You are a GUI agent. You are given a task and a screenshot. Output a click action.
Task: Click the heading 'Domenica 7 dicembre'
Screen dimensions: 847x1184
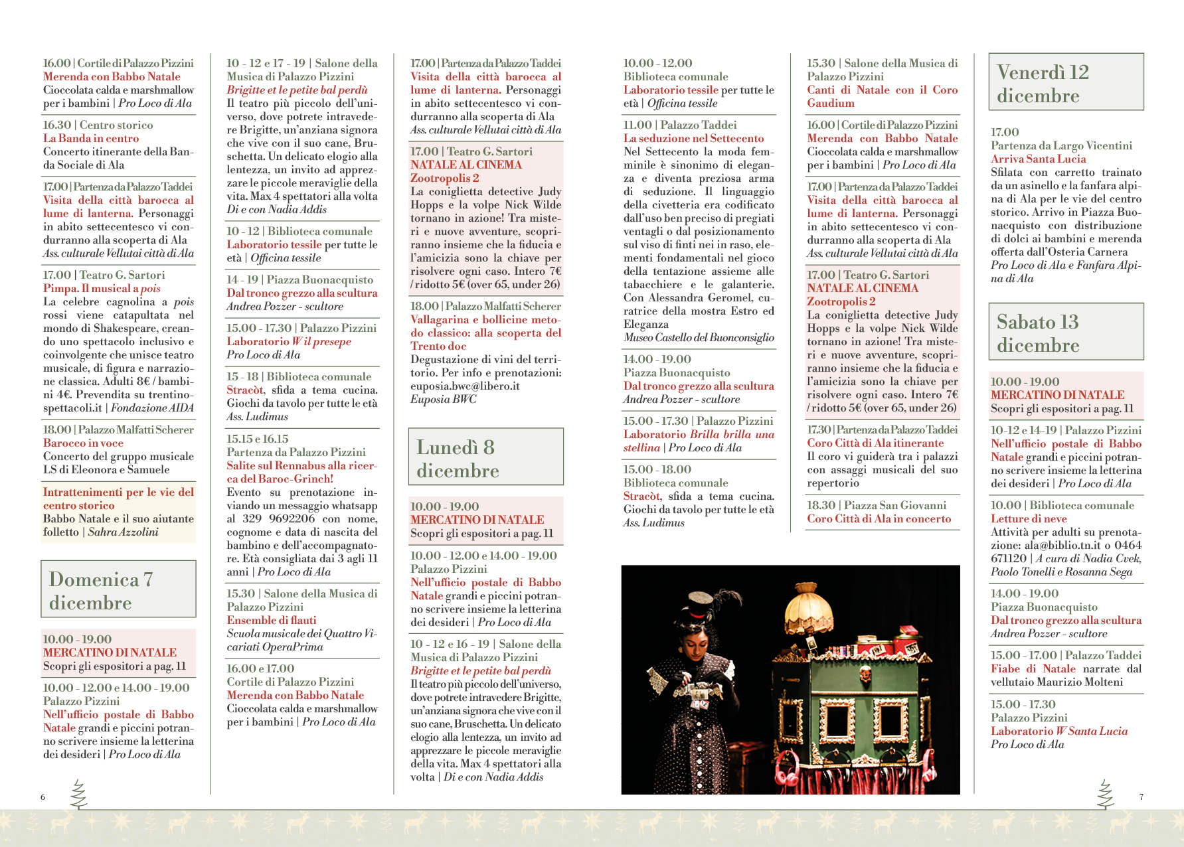coord(118,589)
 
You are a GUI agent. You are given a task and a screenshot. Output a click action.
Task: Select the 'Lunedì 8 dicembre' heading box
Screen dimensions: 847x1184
coord(485,457)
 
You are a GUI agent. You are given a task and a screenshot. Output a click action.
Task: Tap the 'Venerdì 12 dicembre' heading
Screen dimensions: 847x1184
coord(1065,82)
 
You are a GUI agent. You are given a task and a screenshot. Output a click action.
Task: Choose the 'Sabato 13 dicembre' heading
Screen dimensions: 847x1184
coord(1065,332)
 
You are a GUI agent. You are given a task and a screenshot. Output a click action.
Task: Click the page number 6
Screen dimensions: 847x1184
coord(43,797)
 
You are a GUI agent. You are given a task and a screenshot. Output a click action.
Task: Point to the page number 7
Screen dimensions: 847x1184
coord(1142,797)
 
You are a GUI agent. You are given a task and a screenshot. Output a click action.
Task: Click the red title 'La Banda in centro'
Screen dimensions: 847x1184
coord(91,138)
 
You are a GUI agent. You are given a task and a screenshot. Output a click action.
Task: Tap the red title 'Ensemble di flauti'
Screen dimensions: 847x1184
coord(272,620)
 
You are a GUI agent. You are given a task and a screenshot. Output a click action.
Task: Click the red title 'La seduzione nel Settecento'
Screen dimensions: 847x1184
coord(693,138)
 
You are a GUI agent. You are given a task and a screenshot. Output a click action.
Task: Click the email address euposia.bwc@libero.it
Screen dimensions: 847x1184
coord(465,386)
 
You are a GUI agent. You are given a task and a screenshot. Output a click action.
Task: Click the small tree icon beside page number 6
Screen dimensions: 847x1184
coord(78,794)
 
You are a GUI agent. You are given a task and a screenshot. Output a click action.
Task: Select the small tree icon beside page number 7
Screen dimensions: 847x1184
coord(1105,794)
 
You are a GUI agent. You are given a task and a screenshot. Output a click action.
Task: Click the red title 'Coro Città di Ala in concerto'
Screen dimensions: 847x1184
coord(879,518)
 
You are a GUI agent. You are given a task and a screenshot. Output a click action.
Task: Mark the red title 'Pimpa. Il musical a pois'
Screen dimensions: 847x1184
coord(102,288)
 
